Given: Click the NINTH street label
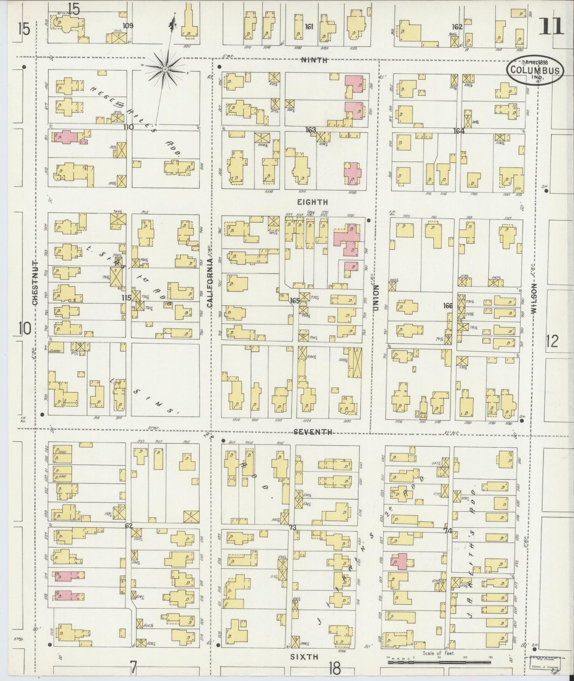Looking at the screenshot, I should coord(314,60).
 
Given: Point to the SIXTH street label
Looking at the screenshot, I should coord(304,657).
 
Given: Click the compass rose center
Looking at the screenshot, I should coord(164,70).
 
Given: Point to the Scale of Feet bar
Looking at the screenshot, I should coord(439,663).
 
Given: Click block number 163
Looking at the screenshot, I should coord(310,130).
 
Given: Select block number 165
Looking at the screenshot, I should coord(294,300).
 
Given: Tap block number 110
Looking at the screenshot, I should coord(128,127).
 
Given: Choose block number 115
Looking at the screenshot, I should coord(126,298).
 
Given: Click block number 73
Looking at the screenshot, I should coord(293,528).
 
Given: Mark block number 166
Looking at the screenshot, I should coord(448,306).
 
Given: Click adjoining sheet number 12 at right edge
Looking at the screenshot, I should coord(552,341).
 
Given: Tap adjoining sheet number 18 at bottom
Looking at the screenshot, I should coord(334,669).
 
